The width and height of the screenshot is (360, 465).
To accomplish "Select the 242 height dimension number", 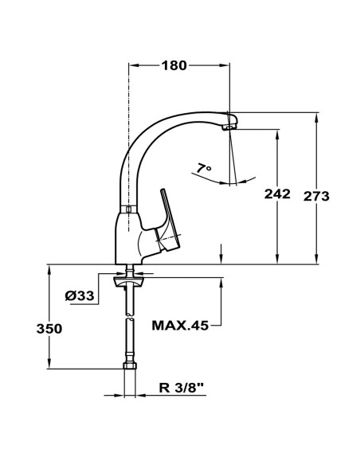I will click(x=277, y=194).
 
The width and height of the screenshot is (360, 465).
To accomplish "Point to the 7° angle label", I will click(x=204, y=169).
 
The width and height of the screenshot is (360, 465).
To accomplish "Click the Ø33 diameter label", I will click(x=80, y=295).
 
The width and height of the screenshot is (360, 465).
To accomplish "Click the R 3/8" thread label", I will click(x=181, y=389).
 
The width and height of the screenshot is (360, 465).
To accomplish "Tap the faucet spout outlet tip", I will click(x=230, y=125).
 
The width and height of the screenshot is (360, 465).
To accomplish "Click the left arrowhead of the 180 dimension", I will click(x=132, y=65).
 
